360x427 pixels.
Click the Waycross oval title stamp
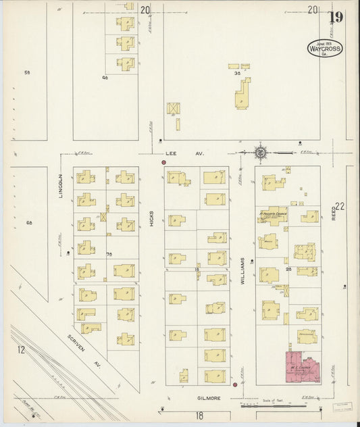[x=325, y=47]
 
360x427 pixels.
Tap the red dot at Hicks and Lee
[x=163, y=163]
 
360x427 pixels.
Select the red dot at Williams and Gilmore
[x=234, y=385]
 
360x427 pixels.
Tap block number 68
[x=28, y=223]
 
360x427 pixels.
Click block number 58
[x=28, y=72]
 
